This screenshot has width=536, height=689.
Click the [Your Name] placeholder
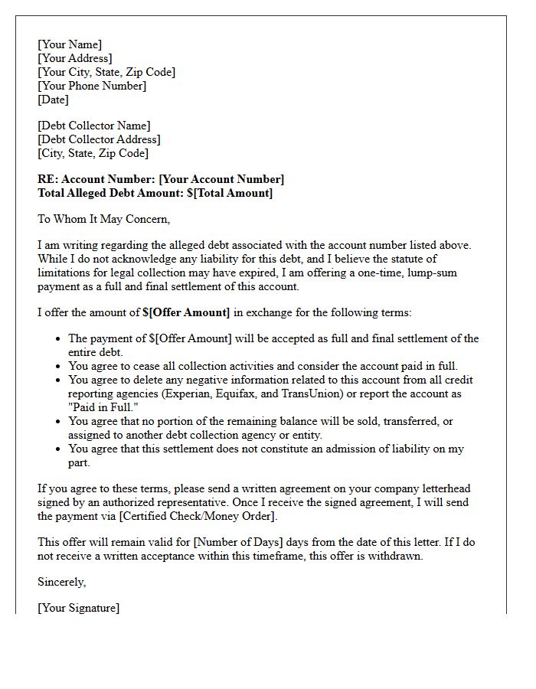(x=70, y=44)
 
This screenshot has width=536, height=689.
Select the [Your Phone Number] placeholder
(x=92, y=86)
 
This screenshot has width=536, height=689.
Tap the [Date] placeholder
(x=54, y=100)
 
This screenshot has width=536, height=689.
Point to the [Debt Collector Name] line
(x=94, y=126)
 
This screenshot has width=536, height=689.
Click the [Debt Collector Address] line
(x=99, y=139)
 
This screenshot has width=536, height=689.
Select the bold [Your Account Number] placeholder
(x=221, y=179)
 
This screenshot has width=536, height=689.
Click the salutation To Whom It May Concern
(x=103, y=219)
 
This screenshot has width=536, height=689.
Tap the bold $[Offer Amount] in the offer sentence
(x=186, y=312)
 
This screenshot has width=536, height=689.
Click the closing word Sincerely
(x=62, y=582)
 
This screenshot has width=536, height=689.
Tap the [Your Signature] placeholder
(x=79, y=608)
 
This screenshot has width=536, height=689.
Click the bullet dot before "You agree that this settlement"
(x=59, y=449)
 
